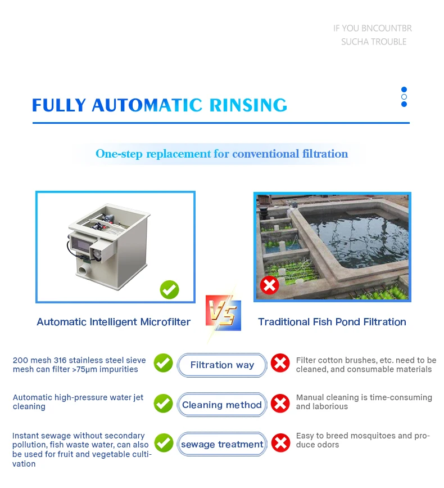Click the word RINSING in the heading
248,105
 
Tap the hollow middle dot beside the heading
404,97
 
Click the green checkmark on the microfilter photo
169,289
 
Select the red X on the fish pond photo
269,285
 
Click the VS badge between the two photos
223,312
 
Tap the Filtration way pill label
222,365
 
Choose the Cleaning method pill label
222,405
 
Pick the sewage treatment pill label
222,444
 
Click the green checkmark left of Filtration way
163,363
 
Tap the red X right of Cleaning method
280,404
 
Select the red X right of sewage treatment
280,443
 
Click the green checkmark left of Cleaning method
163,404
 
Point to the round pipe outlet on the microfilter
84,270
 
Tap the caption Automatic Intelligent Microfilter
114,322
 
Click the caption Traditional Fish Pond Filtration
332,322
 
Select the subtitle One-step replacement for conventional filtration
221,154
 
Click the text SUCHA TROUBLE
374,42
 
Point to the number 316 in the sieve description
60,360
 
